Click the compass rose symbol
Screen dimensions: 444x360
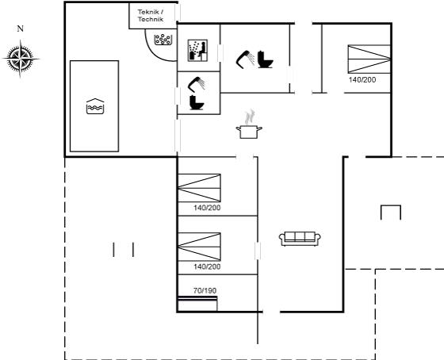pos(21,59)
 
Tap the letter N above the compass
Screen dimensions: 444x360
pos(20,29)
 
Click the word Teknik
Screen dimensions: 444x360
pos(149,12)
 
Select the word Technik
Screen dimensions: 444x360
pos(151,19)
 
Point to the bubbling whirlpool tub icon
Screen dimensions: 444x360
pos(163,40)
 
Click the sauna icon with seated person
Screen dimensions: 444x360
pos(197,51)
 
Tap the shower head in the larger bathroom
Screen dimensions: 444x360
pos(245,59)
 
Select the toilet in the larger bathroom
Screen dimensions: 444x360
pos(265,59)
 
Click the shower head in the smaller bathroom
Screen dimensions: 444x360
pos(197,84)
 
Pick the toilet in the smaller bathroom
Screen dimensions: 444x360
pos(197,103)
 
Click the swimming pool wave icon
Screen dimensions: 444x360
pos(95,106)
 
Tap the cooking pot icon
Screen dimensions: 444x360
pos(249,132)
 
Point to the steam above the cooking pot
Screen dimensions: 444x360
pos(250,117)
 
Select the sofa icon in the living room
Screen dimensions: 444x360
pos(300,239)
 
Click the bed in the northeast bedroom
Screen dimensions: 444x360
pos(369,59)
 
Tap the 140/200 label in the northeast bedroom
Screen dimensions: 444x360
pos(362,80)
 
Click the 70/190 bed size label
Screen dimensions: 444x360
pos(205,290)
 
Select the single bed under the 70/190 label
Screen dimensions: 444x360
pos(197,304)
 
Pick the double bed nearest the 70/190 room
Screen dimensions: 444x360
pos(199,247)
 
